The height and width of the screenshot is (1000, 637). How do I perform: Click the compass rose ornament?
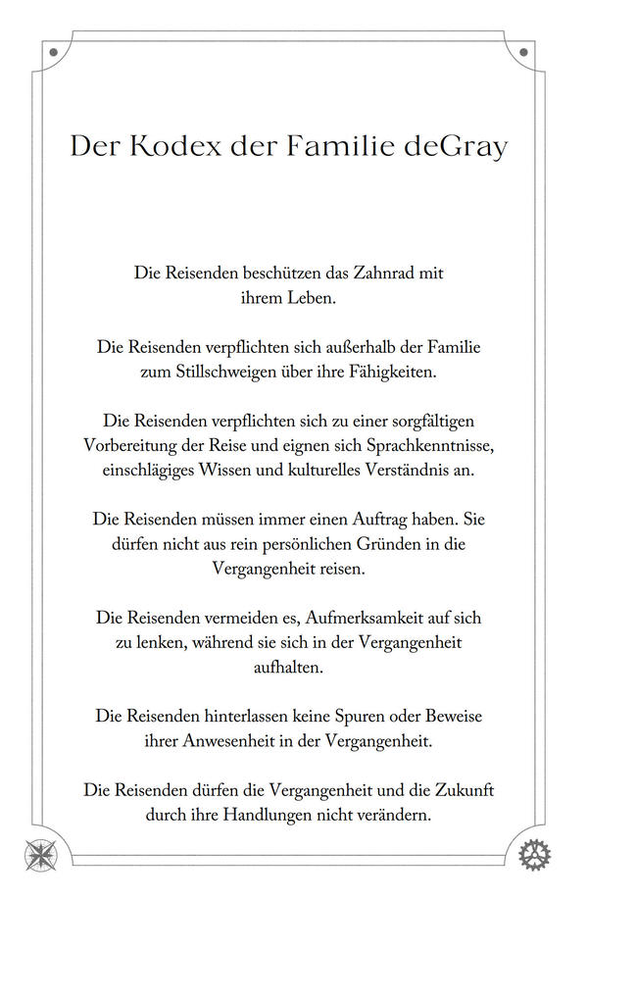[41, 855]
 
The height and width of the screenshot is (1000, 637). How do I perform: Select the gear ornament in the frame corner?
[534, 855]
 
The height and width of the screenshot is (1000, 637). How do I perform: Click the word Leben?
[312, 298]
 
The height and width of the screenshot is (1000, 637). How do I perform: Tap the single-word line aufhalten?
[288, 667]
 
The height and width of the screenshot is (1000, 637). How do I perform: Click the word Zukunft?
[460, 789]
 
